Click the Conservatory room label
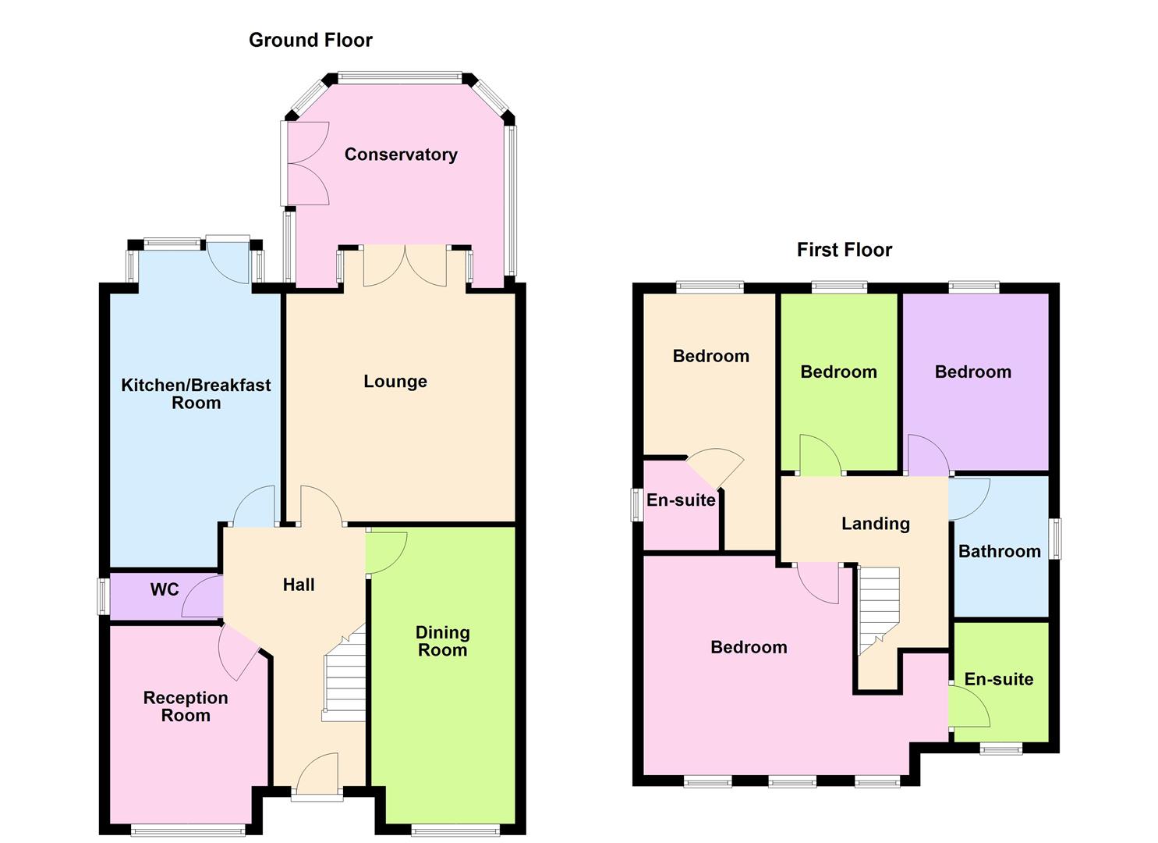point(401,155)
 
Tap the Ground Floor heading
point(310,40)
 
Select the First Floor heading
point(844,250)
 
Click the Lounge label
point(395,382)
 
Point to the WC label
point(165,589)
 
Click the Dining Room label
point(442,641)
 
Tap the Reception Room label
point(186,706)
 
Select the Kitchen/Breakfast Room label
point(196,393)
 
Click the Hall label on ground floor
point(299,585)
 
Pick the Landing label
point(875,524)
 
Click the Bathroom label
point(999,552)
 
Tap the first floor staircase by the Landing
point(878,609)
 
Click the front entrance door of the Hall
point(317,777)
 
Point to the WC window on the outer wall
point(101,597)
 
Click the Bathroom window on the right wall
point(1056,539)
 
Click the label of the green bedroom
point(838,372)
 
